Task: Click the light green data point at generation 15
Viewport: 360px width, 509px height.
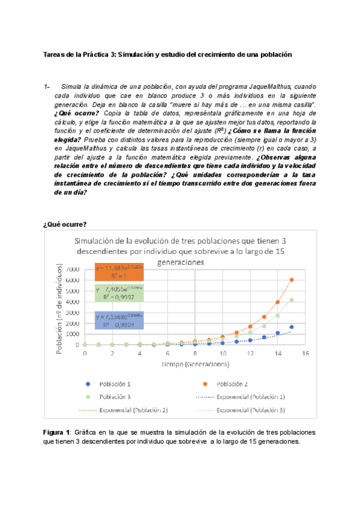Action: [292, 300]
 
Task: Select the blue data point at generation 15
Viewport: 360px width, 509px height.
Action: [292, 327]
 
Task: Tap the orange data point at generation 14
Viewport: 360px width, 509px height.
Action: [278, 303]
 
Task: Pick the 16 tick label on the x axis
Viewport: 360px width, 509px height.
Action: [305, 353]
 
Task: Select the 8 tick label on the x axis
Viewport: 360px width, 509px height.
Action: [195, 353]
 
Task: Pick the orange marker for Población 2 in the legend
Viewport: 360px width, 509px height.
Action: [204, 384]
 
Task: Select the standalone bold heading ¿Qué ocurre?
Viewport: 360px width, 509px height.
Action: [65, 224]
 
